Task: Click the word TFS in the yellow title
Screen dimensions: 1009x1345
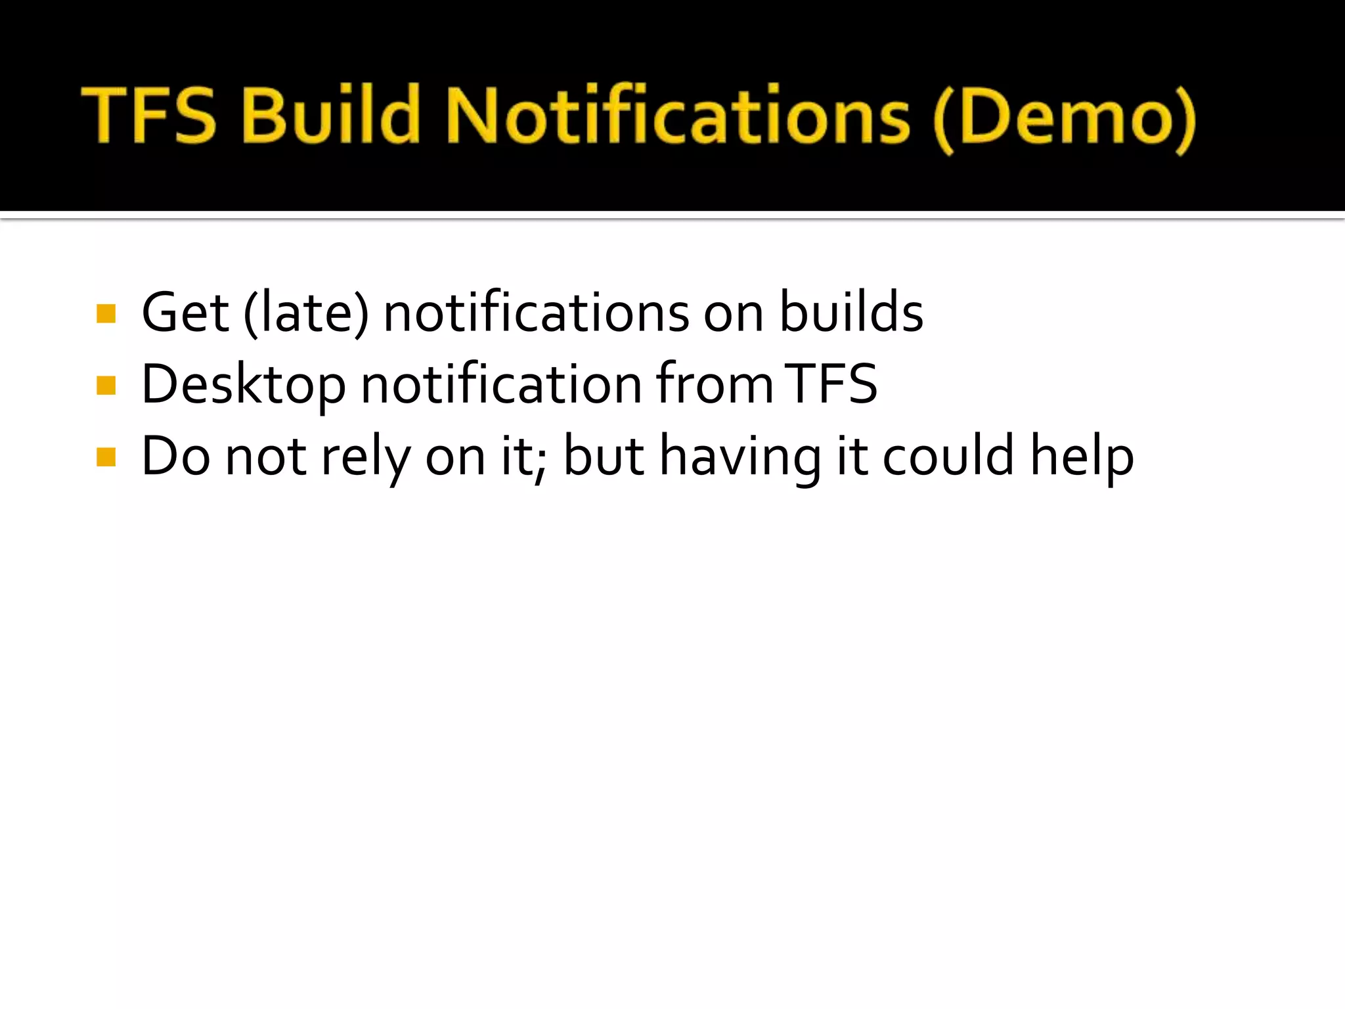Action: click(x=150, y=116)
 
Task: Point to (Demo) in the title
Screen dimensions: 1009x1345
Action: click(x=1064, y=118)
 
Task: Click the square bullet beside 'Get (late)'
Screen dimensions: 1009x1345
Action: click(x=106, y=314)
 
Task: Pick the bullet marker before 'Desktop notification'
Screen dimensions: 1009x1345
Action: click(x=106, y=386)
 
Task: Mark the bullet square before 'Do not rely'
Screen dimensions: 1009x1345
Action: click(x=106, y=457)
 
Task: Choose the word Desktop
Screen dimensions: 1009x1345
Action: click(x=244, y=385)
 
